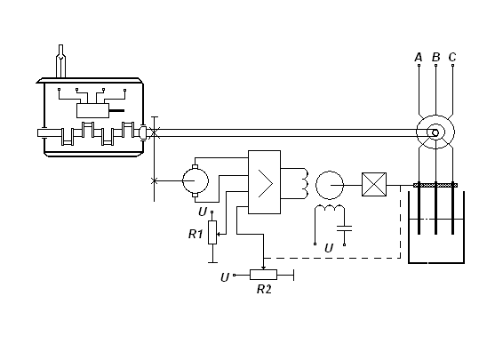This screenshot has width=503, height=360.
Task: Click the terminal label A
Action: [419, 57]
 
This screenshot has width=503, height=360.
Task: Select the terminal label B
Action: [436, 57]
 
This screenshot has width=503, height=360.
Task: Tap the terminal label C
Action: [452, 57]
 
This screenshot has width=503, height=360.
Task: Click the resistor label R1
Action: [196, 234]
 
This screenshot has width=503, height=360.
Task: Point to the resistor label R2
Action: [264, 289]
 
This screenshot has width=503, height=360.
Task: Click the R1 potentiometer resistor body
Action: [212, 232]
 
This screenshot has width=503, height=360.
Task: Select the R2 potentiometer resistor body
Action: [263, 275]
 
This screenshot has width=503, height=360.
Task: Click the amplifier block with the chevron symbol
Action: [264, 182]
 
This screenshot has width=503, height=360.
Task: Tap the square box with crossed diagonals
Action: [374, 185]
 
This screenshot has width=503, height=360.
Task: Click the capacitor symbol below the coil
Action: [344, 228]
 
